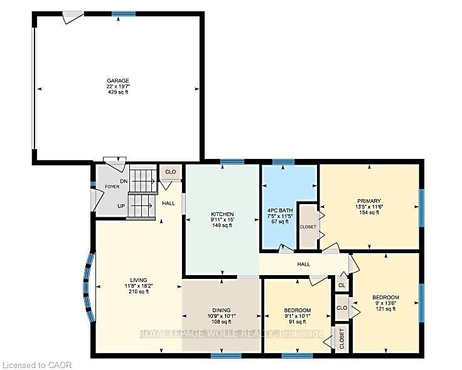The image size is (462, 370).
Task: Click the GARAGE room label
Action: (118, 80)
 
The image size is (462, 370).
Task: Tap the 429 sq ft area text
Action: (118, 92)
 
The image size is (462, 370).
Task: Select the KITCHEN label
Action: (222, 214)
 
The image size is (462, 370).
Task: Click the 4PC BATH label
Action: (280, 210)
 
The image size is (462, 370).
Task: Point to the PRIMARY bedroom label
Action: (369, 201)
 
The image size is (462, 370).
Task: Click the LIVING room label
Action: (139, 280)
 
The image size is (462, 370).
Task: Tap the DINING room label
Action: (222, 310)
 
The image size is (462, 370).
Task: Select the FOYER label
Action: (112, 187)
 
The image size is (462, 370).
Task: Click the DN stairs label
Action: (124, 181)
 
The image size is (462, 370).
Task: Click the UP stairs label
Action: (121, 206)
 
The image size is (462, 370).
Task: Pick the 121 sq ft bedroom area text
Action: (385, 308)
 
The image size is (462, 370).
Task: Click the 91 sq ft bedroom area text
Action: (298, 322)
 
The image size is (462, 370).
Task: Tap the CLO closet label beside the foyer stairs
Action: (170, 171)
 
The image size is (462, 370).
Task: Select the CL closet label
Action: (341, 285)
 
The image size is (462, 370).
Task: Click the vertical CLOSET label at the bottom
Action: (341, 339)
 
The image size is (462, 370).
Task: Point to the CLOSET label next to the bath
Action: (308, 227)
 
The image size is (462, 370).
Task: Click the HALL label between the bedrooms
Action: (303, 264)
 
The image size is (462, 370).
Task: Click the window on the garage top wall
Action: (124, 14)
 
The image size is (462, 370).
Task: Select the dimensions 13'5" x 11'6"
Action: (369, 207)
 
